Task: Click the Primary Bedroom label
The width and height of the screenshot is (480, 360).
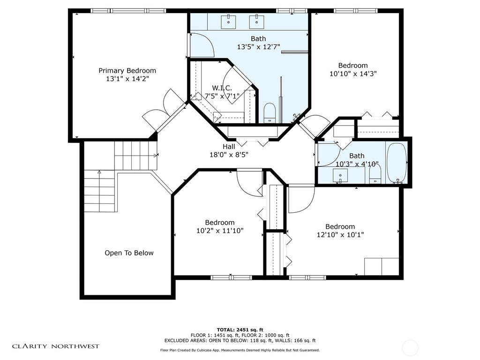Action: click(x=127, y=71)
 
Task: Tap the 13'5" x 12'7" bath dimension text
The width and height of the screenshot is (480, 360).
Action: click(x=258, y=47)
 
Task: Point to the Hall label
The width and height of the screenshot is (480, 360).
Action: click(x=229, y=147)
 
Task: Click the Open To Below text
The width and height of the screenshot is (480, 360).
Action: click(x=129, y=253)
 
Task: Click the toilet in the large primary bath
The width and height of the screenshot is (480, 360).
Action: click(x=270, y=113)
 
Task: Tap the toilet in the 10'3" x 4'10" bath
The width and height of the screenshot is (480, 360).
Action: click(x=375, y=173)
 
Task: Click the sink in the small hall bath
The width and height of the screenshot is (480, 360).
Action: click(x=340, y=176)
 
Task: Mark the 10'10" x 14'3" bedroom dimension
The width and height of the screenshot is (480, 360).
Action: click(x=353, y=74)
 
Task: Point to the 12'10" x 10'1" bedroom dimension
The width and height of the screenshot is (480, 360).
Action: click(x=340, y=235)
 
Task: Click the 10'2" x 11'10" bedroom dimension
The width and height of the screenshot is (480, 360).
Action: click(x=220, y=231)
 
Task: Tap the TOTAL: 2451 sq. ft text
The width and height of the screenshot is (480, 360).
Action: click(x=240, y=330)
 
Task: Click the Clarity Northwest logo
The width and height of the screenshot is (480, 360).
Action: click(x=56, y=346)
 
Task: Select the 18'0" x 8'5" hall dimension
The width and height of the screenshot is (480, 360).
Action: click(x=229, y=155)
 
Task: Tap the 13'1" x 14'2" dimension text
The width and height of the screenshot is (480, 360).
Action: click(x=127, y=79)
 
